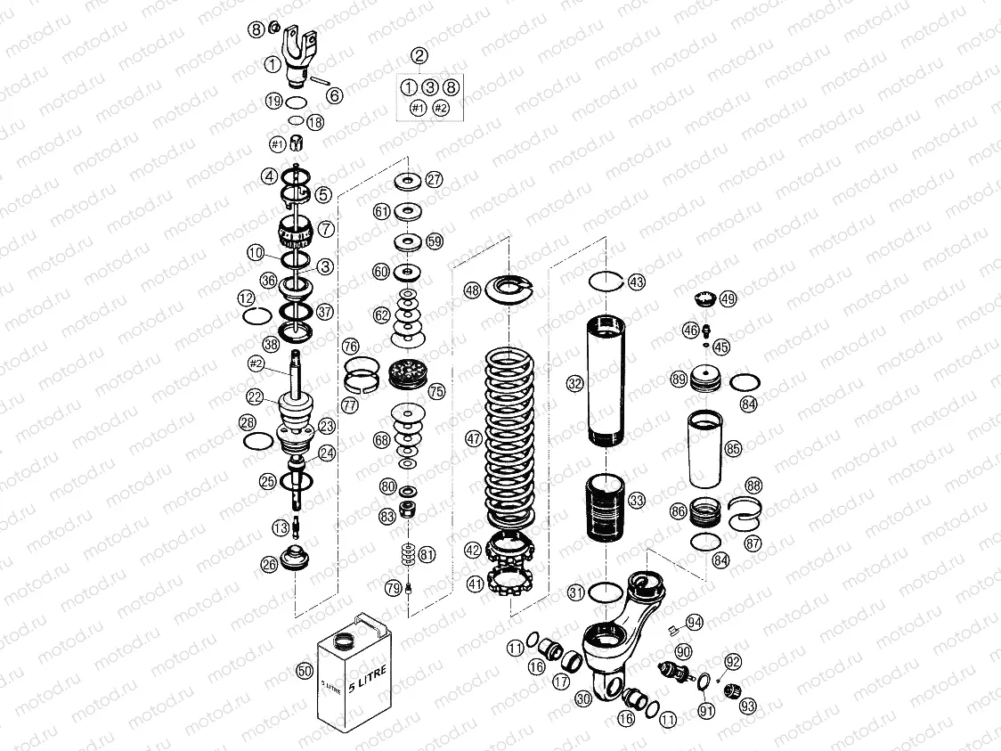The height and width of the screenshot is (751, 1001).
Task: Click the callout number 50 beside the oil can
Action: tap(305, 671)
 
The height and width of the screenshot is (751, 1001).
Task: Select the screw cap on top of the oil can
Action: tap(342, 640)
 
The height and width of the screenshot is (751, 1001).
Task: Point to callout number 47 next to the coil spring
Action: tap(473, 438)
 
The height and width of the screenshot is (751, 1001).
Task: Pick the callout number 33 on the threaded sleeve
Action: tap(636, 500)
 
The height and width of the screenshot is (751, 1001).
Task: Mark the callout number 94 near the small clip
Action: tap(695, 622)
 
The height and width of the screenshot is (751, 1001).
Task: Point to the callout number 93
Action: tap(746, 706)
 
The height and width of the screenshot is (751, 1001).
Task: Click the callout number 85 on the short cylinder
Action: tap(733, 449)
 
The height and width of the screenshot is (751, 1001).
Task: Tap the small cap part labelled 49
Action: tap(706, 298)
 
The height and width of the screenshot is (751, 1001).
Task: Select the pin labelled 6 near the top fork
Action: tap(321, 88)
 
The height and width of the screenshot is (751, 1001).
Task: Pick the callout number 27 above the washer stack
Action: tap(434, 179)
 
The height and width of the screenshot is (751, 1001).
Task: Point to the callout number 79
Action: tap(393, 587)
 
